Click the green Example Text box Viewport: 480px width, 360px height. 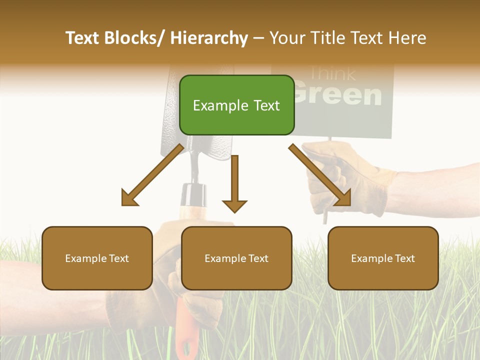pyautogui.click(x=236, y=105)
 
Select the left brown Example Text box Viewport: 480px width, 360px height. pyautogui.click(x=97, y=258)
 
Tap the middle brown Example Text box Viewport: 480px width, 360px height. pyautogui.click(x=236, y=258)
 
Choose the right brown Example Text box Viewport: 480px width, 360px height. pyautogui.click(x=383, y=258)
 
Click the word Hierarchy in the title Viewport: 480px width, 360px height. pyautogui.click(x=209, y=38)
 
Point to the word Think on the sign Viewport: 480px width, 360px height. pyautogui.click(x=332, y=73)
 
